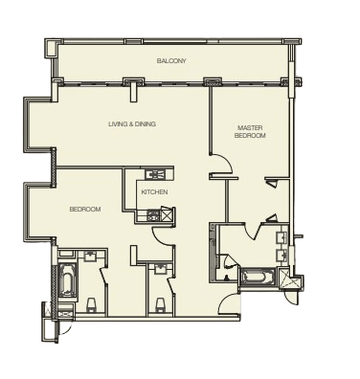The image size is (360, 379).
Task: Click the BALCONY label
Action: coord(171,60)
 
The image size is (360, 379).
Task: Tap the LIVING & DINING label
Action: coord(132,124)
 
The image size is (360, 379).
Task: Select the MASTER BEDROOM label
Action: coord(250,132)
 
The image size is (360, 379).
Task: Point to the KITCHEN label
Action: coord(154,192)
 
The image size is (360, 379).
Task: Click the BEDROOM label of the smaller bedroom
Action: coord(85,210)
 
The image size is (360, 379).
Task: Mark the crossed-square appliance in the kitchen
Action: coord(168,213)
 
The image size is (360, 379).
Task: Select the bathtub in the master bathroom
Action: coord(258,276)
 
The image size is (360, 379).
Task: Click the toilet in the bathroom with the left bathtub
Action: coord(91,305)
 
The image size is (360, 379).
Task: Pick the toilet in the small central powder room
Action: coord(159,305)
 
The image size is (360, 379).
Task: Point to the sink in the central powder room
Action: coord(159,269)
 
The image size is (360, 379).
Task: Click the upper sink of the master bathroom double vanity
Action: coord(281,237)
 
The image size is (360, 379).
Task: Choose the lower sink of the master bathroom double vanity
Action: coord(281,256)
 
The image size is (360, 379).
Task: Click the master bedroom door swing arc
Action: coord(225,162)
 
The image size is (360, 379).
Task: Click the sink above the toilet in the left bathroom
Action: coord(91,256)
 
